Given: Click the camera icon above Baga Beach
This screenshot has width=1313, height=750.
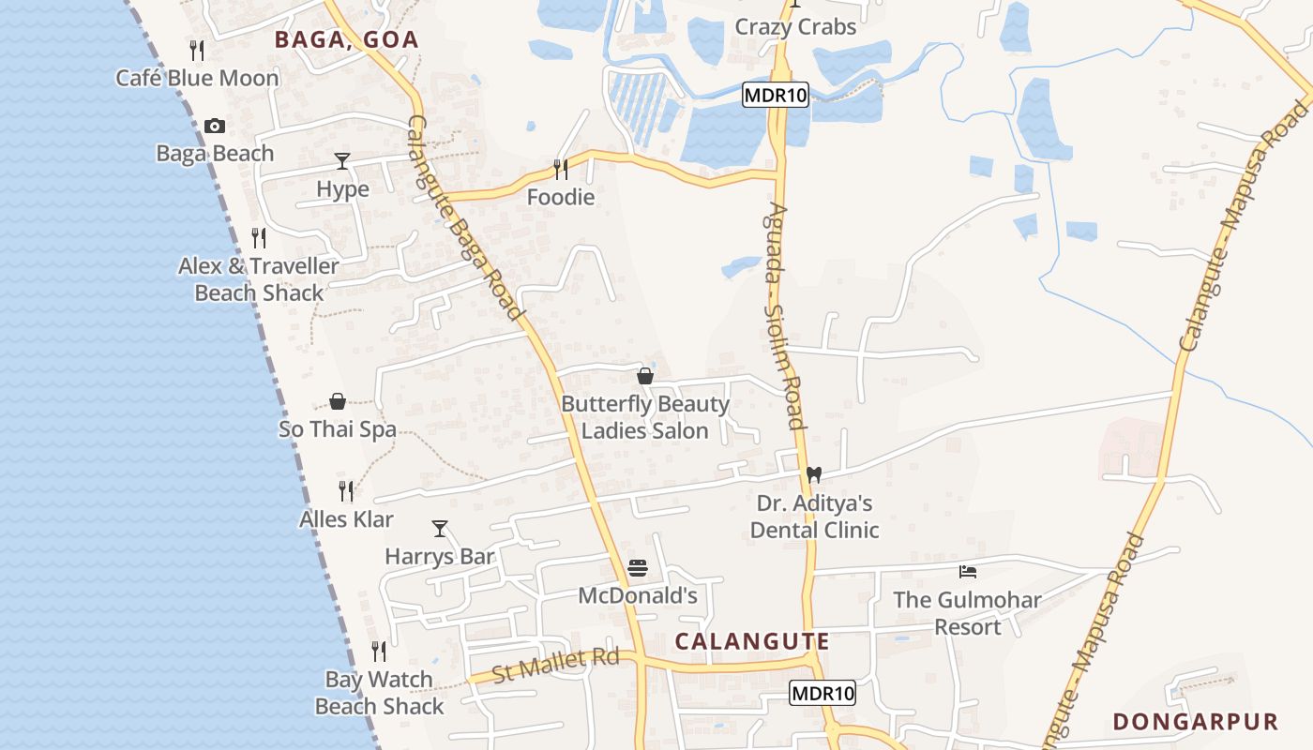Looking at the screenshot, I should (x=215, y=127).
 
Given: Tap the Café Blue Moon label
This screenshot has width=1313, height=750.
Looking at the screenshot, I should (x=197, y=78).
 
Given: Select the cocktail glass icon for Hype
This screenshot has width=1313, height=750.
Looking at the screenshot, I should (x=342, y=161).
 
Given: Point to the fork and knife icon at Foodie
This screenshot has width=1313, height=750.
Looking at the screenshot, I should (x=561, y=169).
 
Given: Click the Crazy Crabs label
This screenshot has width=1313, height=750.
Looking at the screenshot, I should (x=795, y=27).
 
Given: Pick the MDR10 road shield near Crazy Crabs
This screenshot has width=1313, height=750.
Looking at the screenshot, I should (x=776, y=95).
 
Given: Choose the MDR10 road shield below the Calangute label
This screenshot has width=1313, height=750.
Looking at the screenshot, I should (x=823, y=694).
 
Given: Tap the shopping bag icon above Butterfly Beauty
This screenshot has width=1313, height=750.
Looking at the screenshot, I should (x=645, y=376).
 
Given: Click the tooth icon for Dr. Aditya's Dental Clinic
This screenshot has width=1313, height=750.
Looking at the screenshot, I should (x=814, y=475).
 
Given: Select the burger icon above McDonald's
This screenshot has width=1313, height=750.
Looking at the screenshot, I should (x=638, y=568).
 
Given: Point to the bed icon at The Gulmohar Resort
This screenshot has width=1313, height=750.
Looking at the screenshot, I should (x=968, y=571).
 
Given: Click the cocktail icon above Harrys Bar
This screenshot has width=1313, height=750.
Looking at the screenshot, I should (x=439, y=529).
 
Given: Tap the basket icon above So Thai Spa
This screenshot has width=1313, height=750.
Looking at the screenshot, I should (x=338, y=402).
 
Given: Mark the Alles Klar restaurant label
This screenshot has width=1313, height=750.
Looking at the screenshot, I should (x=346, y=518).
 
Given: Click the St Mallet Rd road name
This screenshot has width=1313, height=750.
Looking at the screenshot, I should (x=556, y=666).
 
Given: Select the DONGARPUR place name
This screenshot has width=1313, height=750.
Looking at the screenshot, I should (x=1196, y=722).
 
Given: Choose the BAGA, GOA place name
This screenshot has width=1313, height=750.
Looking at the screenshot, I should (x=346, y=39).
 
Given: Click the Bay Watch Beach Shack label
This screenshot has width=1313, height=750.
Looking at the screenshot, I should (x=379, y=693).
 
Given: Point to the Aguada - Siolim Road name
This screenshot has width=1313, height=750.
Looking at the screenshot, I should (x=787, y=316).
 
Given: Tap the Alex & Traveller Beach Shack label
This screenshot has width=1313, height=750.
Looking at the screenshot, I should (x=259, y=279).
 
